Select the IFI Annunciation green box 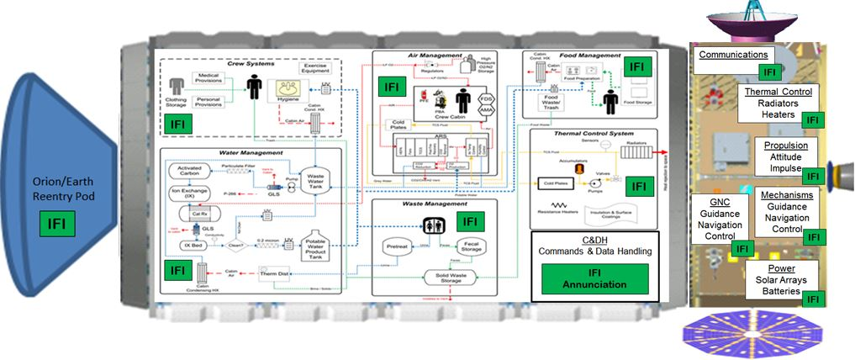pyautogui.click(x=594, y=278)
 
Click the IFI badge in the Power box pyautogui.click(x=812, y=299)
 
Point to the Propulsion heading pyautogui.click(x=786, y=146)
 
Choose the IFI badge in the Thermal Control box pyautogui.click(x=812, y=119)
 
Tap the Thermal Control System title pyautogui.click(x=593, y=134)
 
